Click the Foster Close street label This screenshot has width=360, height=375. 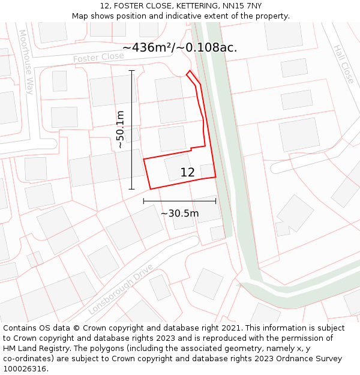(x=98, y=58)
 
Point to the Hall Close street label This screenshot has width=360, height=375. (x=344, y=64)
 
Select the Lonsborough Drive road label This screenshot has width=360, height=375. (x=121, y=289)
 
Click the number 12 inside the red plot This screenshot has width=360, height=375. (x=187, y=172)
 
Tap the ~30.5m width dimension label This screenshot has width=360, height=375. (x=179, y=213)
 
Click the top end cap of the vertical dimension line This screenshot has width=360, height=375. (x=132, y=71)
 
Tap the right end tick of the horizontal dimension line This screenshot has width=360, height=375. (x=216, y=201)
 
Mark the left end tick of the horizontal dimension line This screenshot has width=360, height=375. (x=144, y=201)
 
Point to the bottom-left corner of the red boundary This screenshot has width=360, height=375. (x=150, y=189)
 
